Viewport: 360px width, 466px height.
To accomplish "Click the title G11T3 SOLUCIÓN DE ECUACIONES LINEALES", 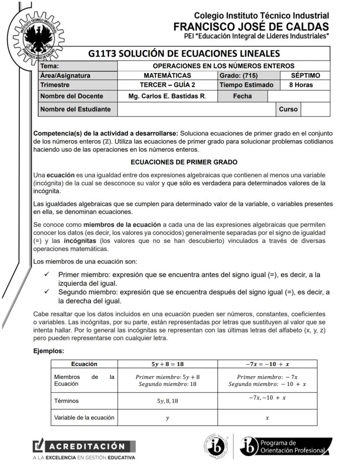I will (x=183, y=54).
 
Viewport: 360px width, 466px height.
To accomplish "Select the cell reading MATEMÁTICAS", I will (x=167, y=76).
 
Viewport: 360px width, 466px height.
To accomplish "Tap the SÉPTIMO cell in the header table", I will (x=305, y=76).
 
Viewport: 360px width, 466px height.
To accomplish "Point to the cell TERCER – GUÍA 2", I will (x=167, y=85).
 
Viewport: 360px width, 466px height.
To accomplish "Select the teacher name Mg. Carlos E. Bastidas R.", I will (x=167, y=96).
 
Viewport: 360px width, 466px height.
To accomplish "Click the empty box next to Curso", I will (x=315, y=109).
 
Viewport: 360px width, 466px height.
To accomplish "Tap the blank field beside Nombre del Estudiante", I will (x=197, y=109).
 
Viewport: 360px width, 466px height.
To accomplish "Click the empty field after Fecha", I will (x=298, y=96).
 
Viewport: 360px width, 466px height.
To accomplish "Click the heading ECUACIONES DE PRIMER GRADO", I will (x=184, y=162).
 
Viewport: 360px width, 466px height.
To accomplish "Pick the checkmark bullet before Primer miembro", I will (x=47, y=275).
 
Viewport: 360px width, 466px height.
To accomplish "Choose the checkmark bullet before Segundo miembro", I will (x=47, y=292).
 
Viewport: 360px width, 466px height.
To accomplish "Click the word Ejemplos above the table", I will (x=49, y=350).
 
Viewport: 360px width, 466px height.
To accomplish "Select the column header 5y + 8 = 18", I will (x=167, y=364).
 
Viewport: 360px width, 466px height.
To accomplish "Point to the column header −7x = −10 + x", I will (x=267, y=364).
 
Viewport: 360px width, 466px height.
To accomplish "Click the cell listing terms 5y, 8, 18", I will (x=167, y=401).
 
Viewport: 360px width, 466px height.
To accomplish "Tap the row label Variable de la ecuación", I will (x=84, y=418).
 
